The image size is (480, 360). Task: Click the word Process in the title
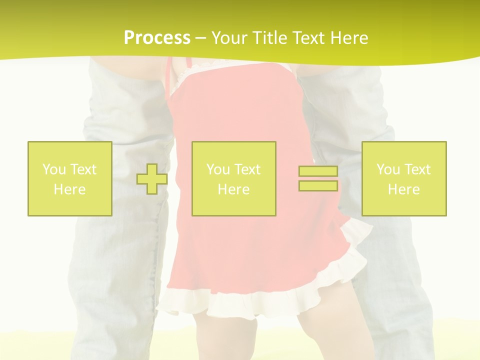pos(157,38)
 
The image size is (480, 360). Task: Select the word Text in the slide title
pos(310,38)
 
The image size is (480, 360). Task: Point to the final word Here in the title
pos(350,38)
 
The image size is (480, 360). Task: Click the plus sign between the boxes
pos(152,178)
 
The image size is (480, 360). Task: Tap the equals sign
pos(318,178)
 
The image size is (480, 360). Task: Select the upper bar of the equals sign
pos(318,171)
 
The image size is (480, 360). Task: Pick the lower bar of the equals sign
pos(318,185)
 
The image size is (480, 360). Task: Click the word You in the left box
pos(54,169)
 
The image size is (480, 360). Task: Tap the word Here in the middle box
pos(234,189)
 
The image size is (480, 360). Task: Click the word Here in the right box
pos(404,189)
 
